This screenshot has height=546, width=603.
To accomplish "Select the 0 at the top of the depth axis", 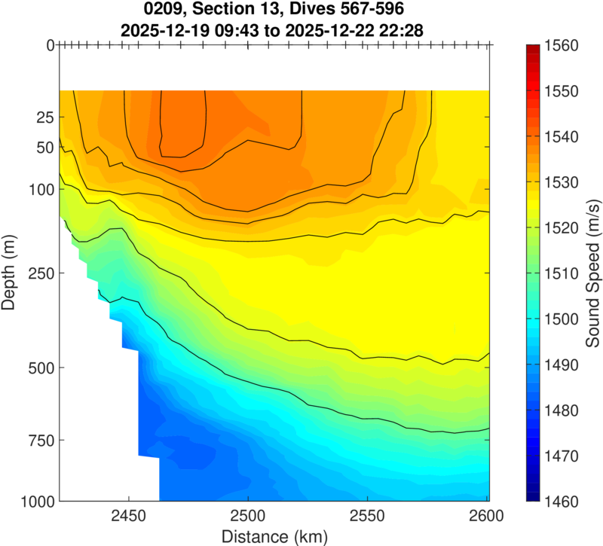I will (x=50, y=45).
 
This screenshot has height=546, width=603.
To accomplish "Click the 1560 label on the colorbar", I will (x=560, y=46).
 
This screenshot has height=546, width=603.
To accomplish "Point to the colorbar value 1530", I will (x=560, y=182).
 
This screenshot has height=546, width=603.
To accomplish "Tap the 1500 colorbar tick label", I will (x=560, y=319).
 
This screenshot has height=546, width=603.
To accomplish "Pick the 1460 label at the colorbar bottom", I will (x=560, y=501).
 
